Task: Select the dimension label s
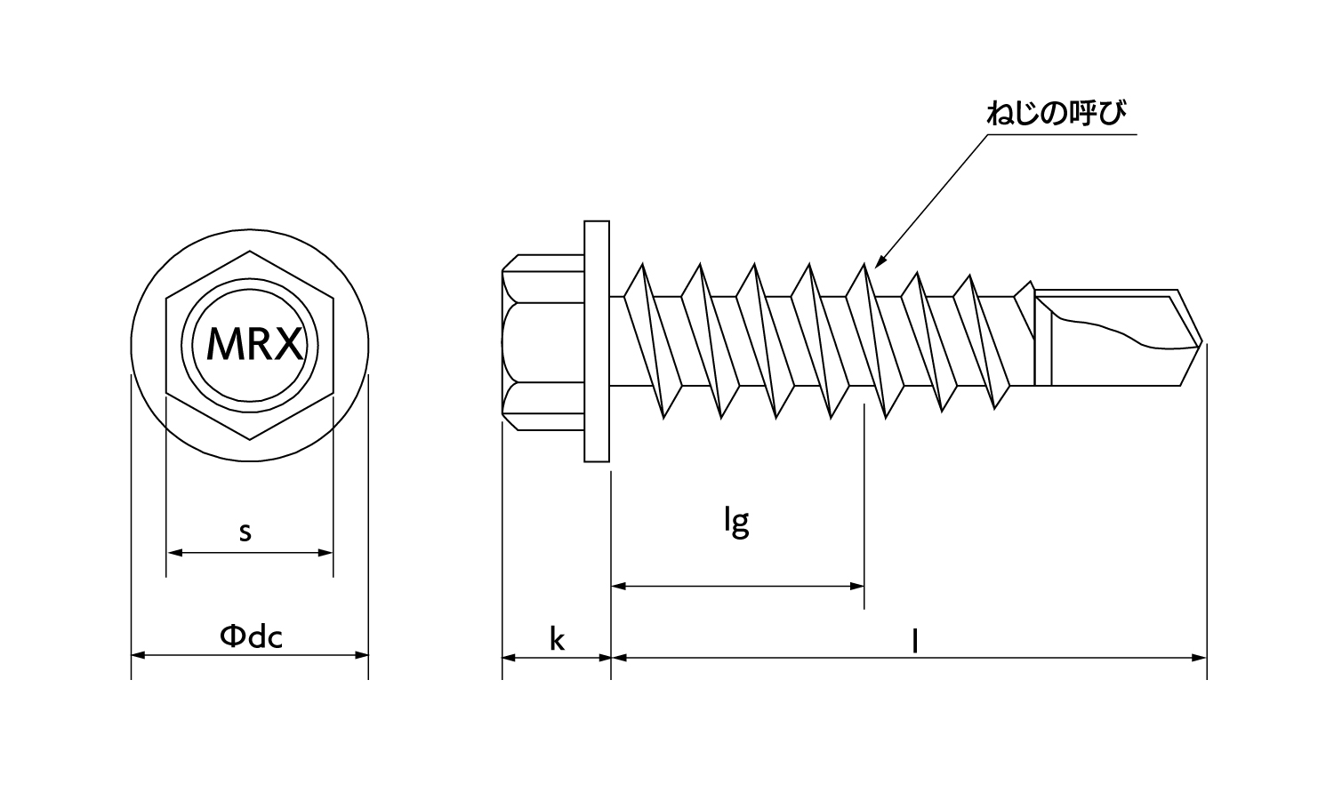[x=245, y=532]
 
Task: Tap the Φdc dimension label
[x=251, y=636]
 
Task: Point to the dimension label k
[x=557, y=638]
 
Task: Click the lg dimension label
[x=735, y=522]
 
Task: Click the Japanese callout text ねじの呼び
[x=1056, y=115]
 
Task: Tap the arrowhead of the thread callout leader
[x=879, y=264]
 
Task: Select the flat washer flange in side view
[x=598, y=340]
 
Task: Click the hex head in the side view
[x=542, y=342]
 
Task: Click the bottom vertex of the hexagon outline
[x=249, y=439]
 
